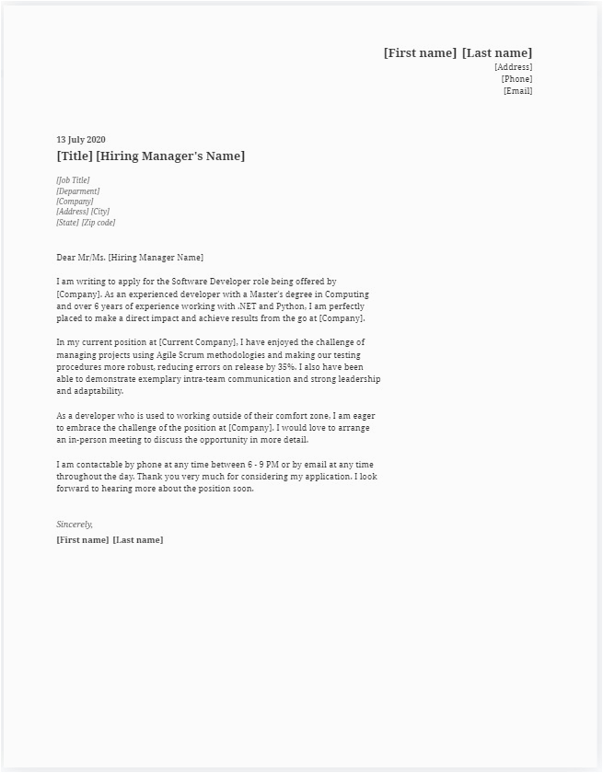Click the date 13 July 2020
pyautogui.click(x=81, y=140)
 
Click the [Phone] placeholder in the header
pyautogui.click(x=516, y=79)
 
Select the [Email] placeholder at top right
pyautogui.click(x=517, y=91)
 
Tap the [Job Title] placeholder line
pyautogui.click(x=73, y=180)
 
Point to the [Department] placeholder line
pyautogui.click(x=77, y=190)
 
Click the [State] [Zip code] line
pyautogui.click(x=86, y=223)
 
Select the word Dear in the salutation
pyautogui.click(x=66, y=258)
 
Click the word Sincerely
pyautogui.click(x=75, y=524)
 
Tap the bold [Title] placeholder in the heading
pyautogui.click(x=75, y=156)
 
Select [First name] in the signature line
pyautogui.click(x=82, y=540)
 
